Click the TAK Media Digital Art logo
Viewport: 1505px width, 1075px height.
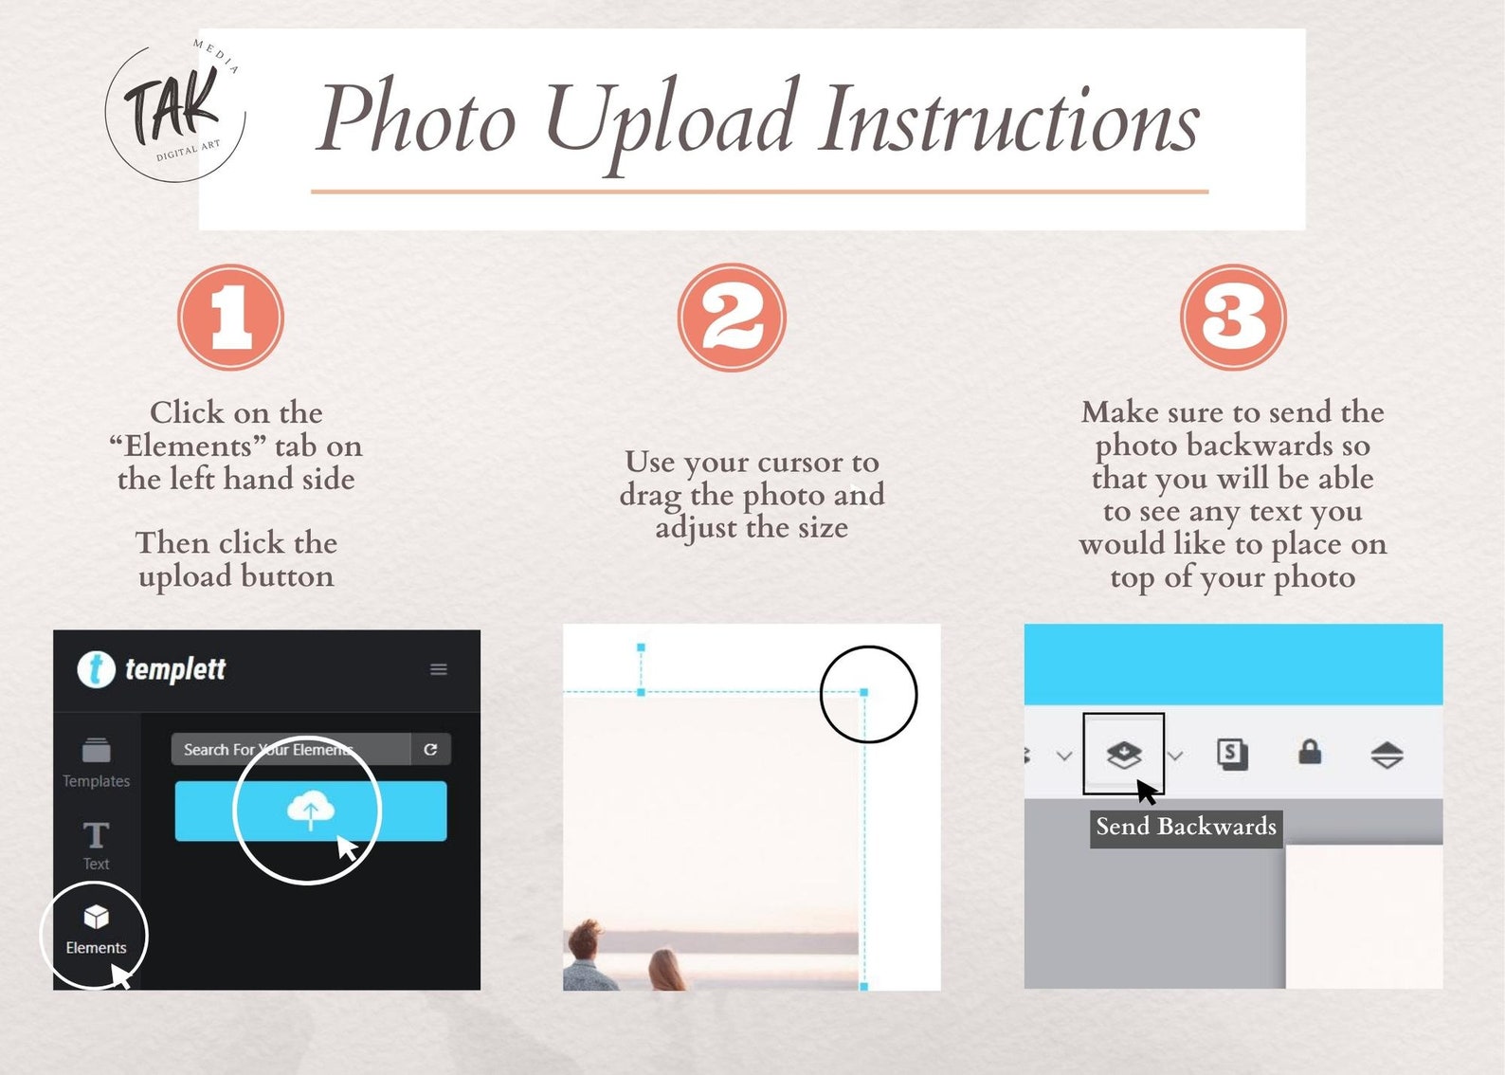click(x=175, y=110)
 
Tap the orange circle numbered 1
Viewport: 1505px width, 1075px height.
click(x=230, y=318)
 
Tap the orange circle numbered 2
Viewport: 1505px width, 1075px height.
click(x=732, y=318)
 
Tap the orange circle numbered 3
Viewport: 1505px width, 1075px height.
click(x=1233, y=318)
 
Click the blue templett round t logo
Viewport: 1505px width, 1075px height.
click(x=96, y=670)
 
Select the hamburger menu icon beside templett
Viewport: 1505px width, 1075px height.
click(x=439, y=669)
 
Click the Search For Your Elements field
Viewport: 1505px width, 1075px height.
click(x=290, y=749)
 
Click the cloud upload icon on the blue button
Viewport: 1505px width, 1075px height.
click(x=311, y=810)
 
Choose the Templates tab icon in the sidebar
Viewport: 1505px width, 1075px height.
click(x=96, y=750)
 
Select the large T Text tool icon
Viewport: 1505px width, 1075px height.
click(x=96, y=835)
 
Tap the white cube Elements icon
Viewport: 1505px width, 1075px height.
click(x=96, y=917)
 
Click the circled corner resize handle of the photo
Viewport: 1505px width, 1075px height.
click(x=864, y=692)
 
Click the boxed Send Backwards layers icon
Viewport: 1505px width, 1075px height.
click(x=1123, y=755)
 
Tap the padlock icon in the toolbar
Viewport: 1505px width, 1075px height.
click(x=1310, y=752)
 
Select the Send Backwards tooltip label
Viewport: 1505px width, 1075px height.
click(x=1186, y=827)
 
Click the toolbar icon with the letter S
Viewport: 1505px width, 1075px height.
click(x=1232, y=754)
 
